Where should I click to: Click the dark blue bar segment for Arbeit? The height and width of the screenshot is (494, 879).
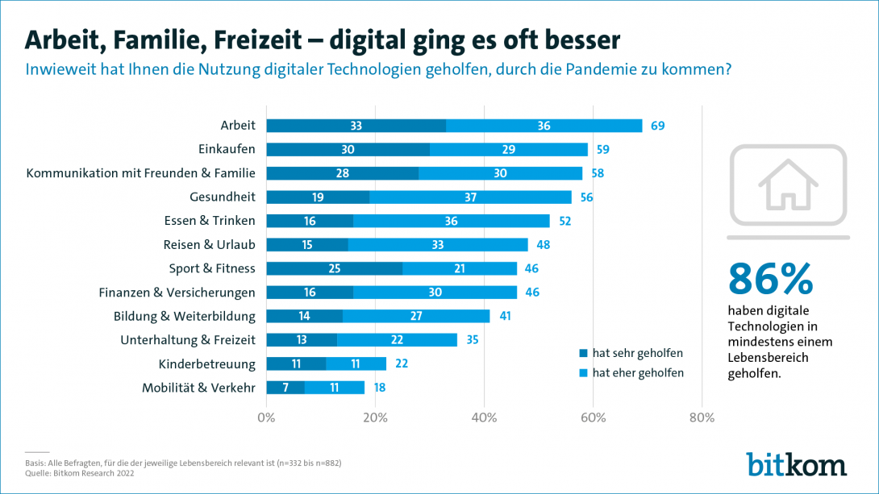[356, 126]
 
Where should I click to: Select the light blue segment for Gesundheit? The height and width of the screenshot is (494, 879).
[469, 197]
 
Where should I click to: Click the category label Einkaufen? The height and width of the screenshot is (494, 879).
[227, 149]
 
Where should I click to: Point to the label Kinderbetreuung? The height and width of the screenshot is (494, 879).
[207, 363]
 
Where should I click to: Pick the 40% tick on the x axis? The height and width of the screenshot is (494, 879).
[484, 417]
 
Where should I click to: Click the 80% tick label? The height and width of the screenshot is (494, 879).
[702, 417]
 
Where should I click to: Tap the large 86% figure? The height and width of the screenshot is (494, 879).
[770, 279]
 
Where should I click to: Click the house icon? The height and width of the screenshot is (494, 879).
[788, 184]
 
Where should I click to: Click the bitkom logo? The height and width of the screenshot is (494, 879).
[796, 465]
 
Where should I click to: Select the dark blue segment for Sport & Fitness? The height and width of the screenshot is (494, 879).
[334, 268]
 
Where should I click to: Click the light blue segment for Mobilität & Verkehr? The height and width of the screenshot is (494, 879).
[334, 388]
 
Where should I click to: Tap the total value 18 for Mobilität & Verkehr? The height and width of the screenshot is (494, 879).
[379, 388]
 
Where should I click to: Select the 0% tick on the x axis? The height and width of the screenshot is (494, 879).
[266, 417]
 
